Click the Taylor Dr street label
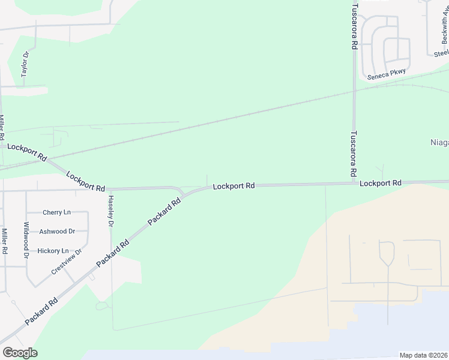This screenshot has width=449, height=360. (25, 64)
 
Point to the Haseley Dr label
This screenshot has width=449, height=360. (110, 212)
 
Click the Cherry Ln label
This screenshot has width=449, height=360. (56, 212)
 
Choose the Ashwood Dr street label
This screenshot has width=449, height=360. (57, 232)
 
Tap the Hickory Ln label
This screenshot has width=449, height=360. (57, 251)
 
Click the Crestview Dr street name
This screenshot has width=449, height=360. (66, 262)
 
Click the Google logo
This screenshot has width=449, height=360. (20, 353)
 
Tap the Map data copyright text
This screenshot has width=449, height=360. (424, 355)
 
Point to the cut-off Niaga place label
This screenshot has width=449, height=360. (439, 143)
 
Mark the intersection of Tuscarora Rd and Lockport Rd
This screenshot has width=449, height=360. (354, 183)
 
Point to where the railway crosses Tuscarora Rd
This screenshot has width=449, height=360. (355, 92)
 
